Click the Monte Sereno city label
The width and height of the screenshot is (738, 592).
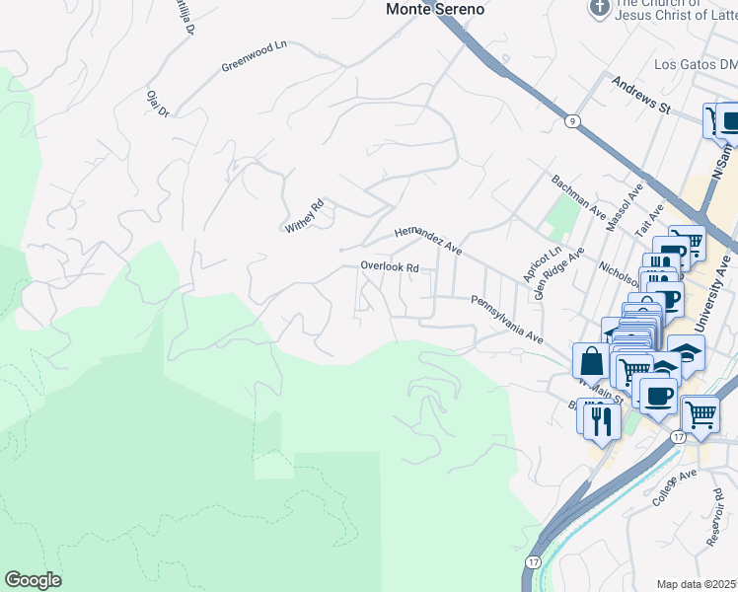click(x=435, y=9)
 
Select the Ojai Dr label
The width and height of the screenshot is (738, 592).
click(x=158, y=102)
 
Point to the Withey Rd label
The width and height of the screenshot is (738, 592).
click(x=305, y=216)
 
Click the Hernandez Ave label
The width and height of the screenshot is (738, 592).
click(x=428, y=238)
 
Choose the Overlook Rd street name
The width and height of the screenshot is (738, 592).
click(x=390, y=267)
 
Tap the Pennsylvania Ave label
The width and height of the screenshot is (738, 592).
click(x=506, y=319)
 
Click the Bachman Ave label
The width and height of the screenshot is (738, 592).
click(x=578, y=196)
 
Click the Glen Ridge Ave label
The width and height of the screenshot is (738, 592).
click(x=553, y=273)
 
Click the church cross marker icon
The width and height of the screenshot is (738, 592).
click(x=598, y=8)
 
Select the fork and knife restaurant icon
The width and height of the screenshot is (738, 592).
click(x=599, y=420)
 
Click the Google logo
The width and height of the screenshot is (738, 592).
click(x=33, y=580)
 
